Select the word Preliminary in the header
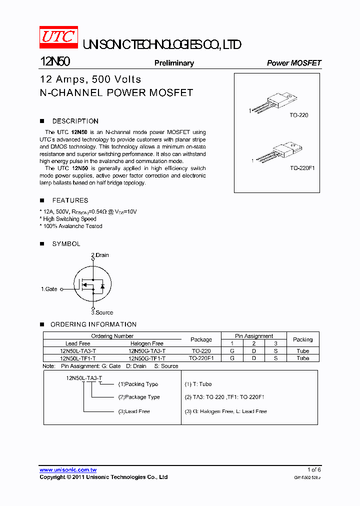coord(174,63)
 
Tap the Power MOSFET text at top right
coord(294,63)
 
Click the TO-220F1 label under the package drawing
coord(302,168)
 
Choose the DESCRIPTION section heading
coord(75,121)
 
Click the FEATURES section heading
coord(70,200)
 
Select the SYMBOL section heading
coord(66,244)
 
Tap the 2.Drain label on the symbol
coord(100,255)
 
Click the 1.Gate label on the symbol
coord(49,289)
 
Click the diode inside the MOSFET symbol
coord(102,286)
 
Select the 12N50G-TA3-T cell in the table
coord(147,351)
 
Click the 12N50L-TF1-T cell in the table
coord(77,358)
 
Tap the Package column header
coord(201,339)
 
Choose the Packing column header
coord(302,339)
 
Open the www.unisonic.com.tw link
coord(68,470)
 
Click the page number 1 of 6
coord(314,470)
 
